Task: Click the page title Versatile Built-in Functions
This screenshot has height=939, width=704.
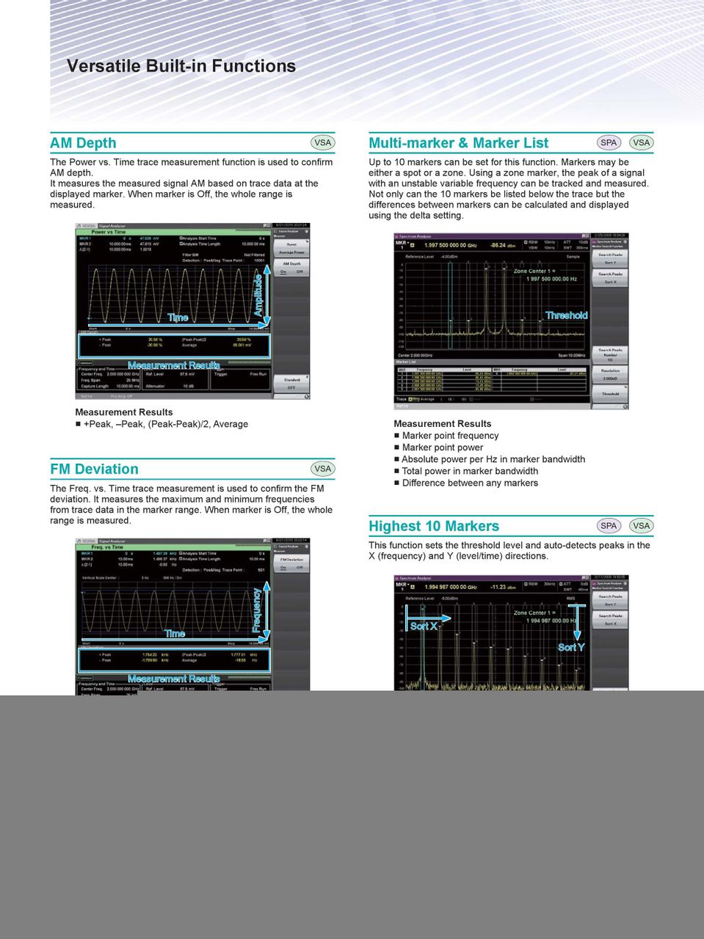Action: pyautogui.click(x=181, y=66)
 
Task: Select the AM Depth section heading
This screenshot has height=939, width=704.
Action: pyautogui.click(x=83, y=143)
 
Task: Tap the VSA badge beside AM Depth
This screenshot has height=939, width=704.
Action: pyautogui.click(x=322, y=143)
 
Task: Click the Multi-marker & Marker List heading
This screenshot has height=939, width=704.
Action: pyautogui.click(x=458, y=143)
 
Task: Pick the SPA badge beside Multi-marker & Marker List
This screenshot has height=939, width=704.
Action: pyautogui.click(x=609, y=143)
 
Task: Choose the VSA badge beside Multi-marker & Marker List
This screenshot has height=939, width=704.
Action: pyautogui.click(x=641, y=143)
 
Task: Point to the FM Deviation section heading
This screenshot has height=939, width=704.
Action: pyautogui.click(x=94, y=469)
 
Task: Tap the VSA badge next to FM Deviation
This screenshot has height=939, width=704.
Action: pyautogui.click(x=322, y=469)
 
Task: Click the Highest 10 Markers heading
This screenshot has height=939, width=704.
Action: pyautogui.click(x=433, y=526)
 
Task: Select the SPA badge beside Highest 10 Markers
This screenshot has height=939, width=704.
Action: pyautogui.click(x=609, y=525)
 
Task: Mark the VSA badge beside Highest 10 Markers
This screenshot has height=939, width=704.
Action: pyautogui.click(x=641, y=525)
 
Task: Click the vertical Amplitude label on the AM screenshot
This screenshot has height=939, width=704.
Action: pyautogui.click(x=258, y=293)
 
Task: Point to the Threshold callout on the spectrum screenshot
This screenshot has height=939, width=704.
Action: pyautogui.click(x=566, y=315)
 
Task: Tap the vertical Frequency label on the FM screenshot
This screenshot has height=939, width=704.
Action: pyautogui.click(x=257, y=609)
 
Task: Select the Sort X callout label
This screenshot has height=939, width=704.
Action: pyautogui.click(x=424, y=626)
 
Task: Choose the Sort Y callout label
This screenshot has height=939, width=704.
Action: pyautogui.click(x=570, y=647)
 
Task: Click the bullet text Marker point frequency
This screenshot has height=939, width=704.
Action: pyautogui.click(x=450, y=436)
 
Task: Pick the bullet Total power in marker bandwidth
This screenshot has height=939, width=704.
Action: pyautogui.click(x=470, y=471)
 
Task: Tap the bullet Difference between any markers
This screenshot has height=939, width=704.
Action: pyautogui.click(x=470, y=483)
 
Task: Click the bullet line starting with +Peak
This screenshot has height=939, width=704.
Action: pyautogui.click(x=165, y=424)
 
